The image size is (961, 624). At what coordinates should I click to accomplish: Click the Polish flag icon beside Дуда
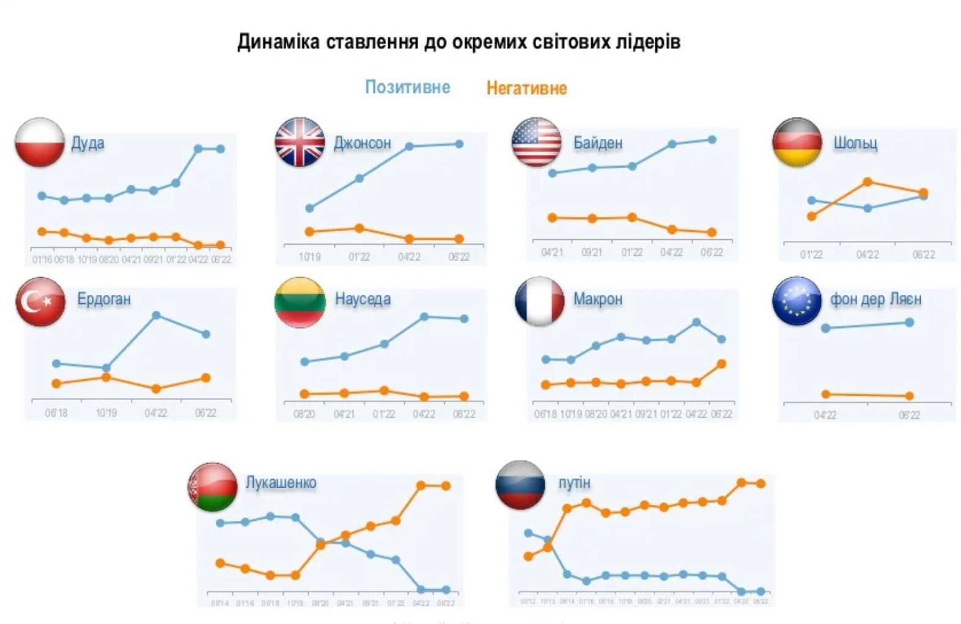(40, 143)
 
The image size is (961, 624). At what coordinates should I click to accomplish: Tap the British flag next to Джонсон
(300, 143)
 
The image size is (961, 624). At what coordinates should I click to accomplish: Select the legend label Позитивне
(408, 87)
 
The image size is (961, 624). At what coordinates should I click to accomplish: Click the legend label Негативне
(526, 88)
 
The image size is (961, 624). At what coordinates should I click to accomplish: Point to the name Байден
(597, 143)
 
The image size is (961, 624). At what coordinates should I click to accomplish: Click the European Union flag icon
(797, 301)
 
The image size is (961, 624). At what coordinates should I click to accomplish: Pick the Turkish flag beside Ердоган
(40, 301)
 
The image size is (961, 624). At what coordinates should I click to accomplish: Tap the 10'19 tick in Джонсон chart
(309, 257)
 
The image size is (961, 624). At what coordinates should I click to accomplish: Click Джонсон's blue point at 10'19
(309, 209)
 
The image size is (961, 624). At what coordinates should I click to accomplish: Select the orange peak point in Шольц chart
(867, 182)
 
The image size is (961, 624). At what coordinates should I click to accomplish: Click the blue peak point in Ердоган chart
(156, 315)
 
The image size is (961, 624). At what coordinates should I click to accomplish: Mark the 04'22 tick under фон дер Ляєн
(825, 415)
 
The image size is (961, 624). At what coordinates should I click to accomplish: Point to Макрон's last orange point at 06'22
(721, 364)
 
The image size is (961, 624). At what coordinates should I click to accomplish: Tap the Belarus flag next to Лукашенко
(212, 487)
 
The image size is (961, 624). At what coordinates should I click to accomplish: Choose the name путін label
(574, 483)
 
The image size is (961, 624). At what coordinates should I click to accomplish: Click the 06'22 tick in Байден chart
(712, 252)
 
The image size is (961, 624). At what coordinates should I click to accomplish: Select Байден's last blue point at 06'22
(712, 139)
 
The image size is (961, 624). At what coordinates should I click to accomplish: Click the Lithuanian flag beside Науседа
(300, 302)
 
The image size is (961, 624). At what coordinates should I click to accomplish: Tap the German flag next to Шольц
(797, 143)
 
